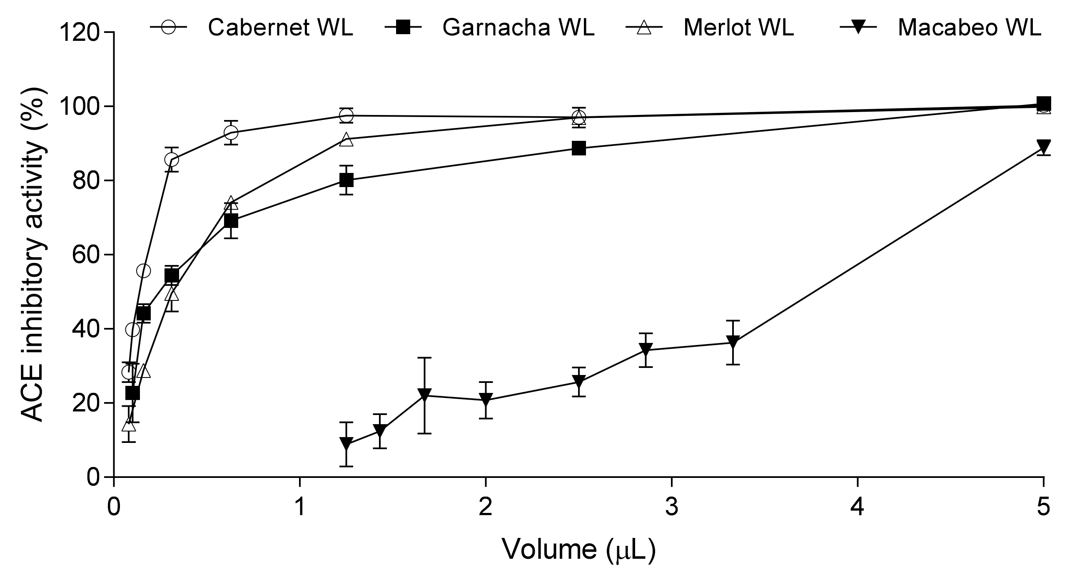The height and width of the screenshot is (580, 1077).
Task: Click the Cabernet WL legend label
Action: [280, 28]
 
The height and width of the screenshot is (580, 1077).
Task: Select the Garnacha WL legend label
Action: [519, 28]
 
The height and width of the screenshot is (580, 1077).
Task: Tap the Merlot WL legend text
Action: [738, 28]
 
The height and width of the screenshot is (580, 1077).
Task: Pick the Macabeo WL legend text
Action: [969, 28]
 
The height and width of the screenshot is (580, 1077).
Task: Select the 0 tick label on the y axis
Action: [93, 477]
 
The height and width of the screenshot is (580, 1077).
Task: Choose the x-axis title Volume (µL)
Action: [578, 550]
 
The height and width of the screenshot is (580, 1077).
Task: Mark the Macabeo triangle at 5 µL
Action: [1044, 147]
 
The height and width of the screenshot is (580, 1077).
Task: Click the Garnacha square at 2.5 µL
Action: [578, 148]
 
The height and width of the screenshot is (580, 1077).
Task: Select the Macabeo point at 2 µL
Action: [486, 400]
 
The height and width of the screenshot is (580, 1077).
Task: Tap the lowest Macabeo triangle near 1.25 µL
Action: [346, 444]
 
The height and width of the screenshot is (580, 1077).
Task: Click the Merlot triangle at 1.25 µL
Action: [346, 139]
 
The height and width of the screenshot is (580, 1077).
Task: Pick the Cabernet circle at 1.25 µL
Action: [346, 115]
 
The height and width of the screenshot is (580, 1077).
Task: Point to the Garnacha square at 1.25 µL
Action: [346, 180]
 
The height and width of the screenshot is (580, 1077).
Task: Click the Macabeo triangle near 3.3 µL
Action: [733, 342]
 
